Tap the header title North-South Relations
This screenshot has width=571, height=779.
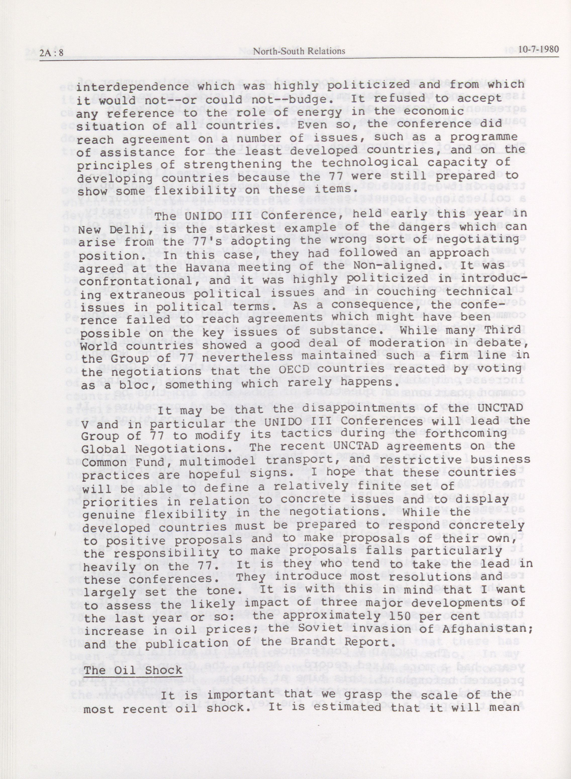299,51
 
